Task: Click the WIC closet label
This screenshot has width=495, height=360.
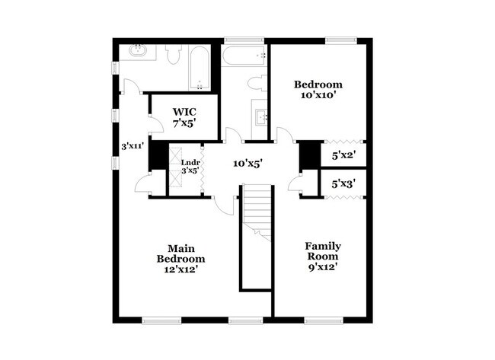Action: coord(184,112)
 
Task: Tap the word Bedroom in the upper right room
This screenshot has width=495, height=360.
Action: coord(318,84)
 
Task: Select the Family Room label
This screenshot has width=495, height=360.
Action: coord(323,251)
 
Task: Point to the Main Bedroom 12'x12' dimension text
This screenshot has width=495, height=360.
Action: coord(181,269)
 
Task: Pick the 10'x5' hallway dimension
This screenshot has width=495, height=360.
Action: coord(252,162)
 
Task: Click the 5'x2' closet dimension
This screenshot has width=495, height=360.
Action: coord(344,155)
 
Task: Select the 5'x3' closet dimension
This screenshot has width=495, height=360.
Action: coord(344,183)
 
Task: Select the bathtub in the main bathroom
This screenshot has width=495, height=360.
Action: coord(200,68)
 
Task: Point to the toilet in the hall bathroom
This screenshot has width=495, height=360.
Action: coord(256,84)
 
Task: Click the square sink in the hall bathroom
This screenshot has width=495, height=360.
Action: coord(261,117)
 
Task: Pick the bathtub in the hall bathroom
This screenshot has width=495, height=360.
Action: coord(244,55)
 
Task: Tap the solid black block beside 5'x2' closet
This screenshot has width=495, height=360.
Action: coord(309,156)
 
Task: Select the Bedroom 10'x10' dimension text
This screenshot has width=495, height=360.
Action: coord(318,96)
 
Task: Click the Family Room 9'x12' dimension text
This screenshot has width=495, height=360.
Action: coord(323,267)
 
